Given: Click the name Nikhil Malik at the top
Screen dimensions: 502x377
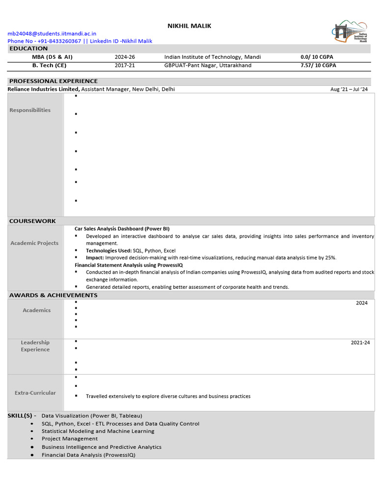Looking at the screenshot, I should (189, 26).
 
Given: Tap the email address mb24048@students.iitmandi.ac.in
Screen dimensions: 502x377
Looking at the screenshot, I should (52, 33).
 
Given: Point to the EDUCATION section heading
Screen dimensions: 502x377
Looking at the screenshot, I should (28, 49).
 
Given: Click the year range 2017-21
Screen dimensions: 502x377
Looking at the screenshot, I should (125, 65).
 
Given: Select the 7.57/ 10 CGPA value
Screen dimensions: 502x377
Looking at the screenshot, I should (318, 65).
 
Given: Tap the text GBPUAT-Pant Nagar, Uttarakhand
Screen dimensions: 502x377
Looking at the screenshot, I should (208, 65).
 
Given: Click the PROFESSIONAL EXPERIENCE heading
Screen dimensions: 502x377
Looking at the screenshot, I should (54, 81).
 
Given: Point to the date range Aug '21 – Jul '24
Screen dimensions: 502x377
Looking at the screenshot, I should (349, 89).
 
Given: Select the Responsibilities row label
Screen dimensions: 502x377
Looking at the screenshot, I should (30, 110).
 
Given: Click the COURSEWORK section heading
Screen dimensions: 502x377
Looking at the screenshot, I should (32, 221).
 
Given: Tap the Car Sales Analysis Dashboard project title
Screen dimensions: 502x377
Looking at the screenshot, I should (122, 229).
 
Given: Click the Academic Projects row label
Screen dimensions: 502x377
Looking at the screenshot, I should (34, 243).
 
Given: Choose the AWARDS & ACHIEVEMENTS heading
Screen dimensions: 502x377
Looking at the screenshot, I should (53, 295).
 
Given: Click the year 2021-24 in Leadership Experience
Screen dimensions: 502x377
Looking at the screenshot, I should (360, 342).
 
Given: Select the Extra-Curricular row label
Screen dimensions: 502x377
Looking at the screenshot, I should (35, 393).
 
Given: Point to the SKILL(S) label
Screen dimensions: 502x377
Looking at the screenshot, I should (22, 416).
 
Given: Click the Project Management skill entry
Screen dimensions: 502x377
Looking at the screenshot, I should (70, 439).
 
